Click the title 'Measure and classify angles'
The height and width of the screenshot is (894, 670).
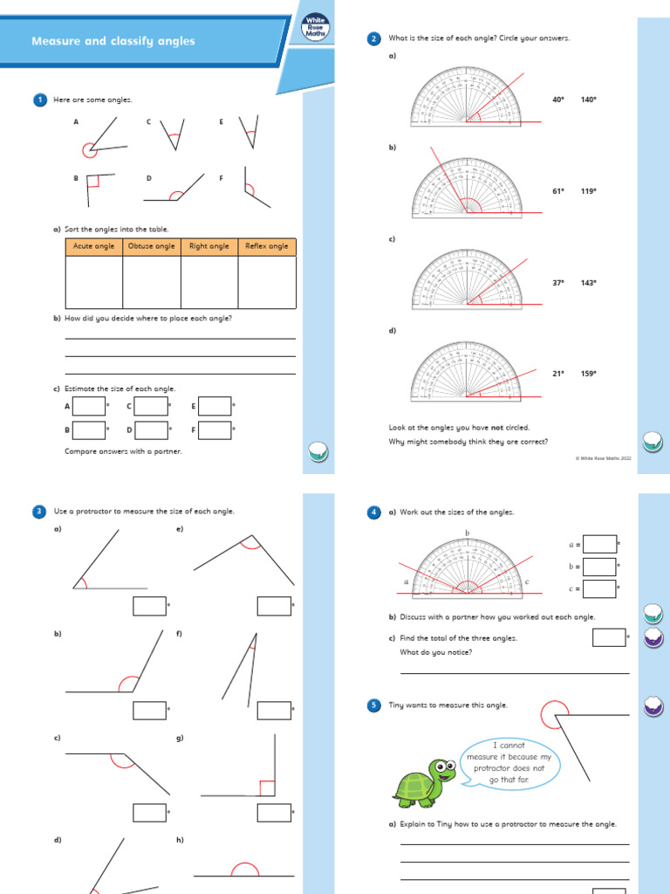point(113,41)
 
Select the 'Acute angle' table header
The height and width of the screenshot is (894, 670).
point(93,246)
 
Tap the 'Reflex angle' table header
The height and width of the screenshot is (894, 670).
point(267,246)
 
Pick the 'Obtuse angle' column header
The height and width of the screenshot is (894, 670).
point(152,246)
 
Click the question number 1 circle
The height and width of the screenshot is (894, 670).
point(39,100)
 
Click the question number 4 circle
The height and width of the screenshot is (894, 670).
point(374,512)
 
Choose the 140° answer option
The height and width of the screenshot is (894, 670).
point(589,100)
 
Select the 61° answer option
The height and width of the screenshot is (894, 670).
point(558,190)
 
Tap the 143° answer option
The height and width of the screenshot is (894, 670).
point(589,283)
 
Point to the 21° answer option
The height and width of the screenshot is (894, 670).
point(558,374)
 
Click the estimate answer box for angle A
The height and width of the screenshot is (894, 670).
point(89,406)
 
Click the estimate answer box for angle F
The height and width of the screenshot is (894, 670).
point(215,430)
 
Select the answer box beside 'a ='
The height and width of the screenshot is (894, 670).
point(599,544)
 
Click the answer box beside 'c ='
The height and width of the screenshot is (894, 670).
point(599,589)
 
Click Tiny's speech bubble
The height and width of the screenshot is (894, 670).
point(510,762)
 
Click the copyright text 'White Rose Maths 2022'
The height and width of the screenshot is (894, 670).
point(604,457)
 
